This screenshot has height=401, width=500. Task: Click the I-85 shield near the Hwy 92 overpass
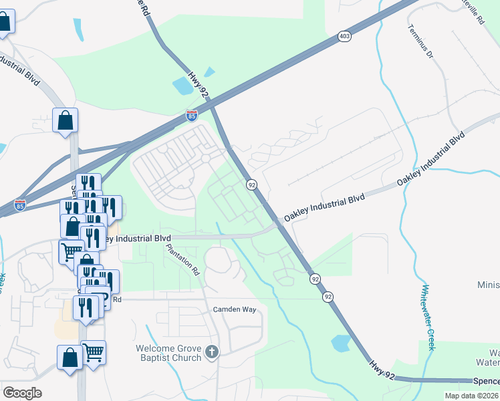[192, 116]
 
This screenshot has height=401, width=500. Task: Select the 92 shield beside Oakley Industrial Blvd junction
[251, 184]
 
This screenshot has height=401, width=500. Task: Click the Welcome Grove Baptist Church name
[168, 353]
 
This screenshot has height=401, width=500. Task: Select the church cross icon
[212, 352]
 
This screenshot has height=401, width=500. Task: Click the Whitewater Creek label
[428, 317]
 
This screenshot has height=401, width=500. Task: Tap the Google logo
[22, 393]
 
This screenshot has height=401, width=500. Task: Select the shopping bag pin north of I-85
[66, 121]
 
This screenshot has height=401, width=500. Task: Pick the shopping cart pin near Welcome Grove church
[93, 352]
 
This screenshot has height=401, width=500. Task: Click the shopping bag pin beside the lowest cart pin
[70, 357]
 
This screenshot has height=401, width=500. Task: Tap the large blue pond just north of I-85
[182, 86]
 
